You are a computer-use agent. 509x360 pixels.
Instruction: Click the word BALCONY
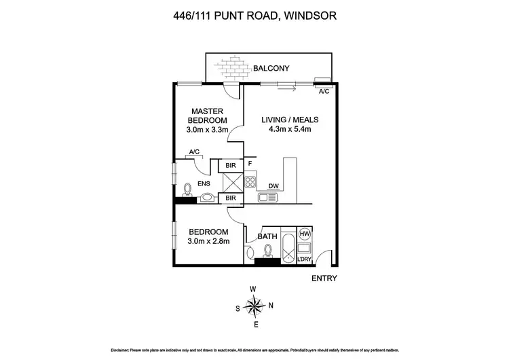click(x=271, y=68)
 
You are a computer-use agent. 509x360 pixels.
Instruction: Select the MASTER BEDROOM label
click(x=208, y=115)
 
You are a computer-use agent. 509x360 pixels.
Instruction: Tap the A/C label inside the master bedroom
click(x=191, y=153)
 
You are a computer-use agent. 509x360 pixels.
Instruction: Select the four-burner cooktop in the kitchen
click(x=250, y=182)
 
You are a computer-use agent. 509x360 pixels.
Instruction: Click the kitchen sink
click(x=267, y=198)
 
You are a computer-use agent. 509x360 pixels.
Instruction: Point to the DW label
click(x=274, y=185)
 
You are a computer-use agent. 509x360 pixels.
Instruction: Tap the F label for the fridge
click(x=250, y=164)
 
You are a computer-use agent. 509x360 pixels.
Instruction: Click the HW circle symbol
click(x=305, y=233)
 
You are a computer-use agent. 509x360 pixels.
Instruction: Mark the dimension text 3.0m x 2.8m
click(x=208, y=241)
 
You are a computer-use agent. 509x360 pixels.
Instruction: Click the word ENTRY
click(x=324, y=278)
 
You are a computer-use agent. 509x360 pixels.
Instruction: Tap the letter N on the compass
click(x=271, y=306)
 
